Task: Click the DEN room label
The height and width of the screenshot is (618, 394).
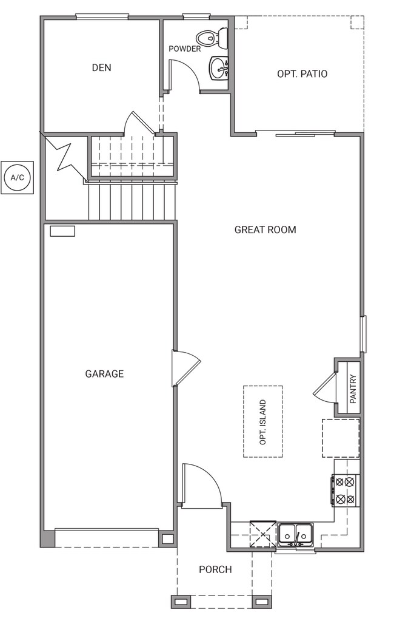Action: (x=102, y=68)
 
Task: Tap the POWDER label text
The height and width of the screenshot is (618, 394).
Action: (x=185, y=49)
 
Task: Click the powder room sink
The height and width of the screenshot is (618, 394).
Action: (x=219, y=68)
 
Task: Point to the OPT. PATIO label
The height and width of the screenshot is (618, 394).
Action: (x=302, y=74)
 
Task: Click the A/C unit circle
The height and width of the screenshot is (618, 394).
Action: (x=18, y=177)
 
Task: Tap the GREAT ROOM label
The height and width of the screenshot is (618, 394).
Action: (x=265, y=230)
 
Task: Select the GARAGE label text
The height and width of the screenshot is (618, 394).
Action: (x=104, y=373)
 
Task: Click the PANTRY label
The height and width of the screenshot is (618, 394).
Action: (x=353, y=389)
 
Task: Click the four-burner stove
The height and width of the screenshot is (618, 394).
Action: (x=345, y=490)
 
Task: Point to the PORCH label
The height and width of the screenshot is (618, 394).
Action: (x=215, y=569)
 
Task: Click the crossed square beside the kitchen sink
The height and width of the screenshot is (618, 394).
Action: (x=263, y=534)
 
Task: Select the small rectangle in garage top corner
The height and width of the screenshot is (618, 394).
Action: (x=62, y=231)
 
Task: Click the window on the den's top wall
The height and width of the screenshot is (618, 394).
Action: (x=102, y=16)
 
